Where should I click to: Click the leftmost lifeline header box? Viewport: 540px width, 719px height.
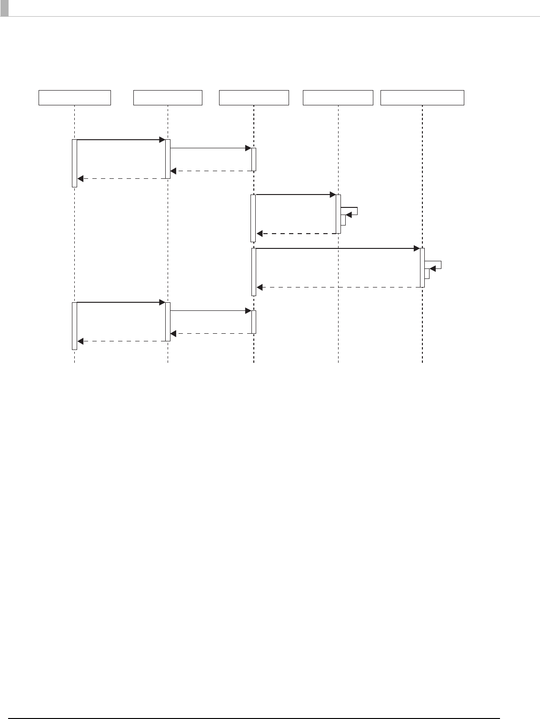tap(74, 97)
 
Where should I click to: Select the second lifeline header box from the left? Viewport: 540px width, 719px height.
tap(168, 97)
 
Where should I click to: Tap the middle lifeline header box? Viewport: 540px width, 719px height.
tap(254, 97)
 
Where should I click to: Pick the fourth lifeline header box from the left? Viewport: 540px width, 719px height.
tap(338, 97)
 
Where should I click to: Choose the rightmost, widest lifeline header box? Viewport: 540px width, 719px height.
tap(422, 97)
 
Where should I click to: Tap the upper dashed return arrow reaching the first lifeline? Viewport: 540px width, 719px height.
tap(121, 179)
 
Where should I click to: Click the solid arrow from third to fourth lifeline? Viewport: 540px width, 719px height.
tap(295, 195)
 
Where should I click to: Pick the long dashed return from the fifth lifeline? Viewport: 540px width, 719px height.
tap(338, 288)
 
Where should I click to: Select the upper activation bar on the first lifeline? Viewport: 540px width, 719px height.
tap(74, 163)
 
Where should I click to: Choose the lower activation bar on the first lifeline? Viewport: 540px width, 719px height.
tap(74, 326)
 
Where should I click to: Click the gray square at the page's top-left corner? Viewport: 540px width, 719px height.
tap(4, 8)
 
